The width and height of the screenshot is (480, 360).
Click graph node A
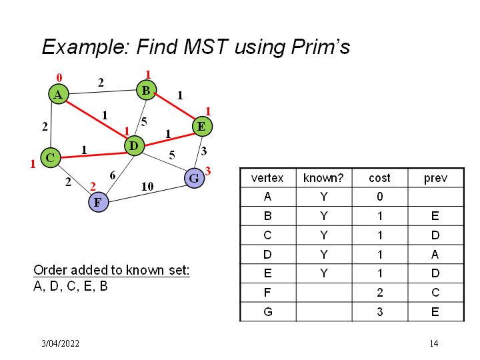click(x=59, y=95)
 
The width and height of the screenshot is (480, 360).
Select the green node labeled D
click(x=134, y=145)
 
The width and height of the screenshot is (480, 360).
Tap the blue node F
click(x=98, y=201)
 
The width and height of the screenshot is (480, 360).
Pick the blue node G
click(x=194, y=178)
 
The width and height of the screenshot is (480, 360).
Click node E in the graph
click(x=201, y=125)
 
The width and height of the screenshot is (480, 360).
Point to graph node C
click(x=50, y=158)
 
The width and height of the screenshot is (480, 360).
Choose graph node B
click(x=146, y=89)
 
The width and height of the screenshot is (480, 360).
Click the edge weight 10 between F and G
click(x=147, y=186)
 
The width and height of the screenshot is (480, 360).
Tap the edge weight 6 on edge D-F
click(x=113, y=175)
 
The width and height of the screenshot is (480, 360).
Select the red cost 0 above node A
click(x=59, y=78)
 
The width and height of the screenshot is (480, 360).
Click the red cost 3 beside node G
click(x=208, y=171)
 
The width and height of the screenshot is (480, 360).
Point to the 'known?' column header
click(x=323, y=178)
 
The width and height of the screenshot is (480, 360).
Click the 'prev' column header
click(x=435, y=178)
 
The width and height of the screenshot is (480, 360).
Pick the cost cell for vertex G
click(x=379, y=311)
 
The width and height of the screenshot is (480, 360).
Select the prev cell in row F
click(x=435, y=292)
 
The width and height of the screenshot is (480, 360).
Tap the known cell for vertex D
click(x=323, y=254)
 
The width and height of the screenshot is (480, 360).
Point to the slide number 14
click(x=434, y=344)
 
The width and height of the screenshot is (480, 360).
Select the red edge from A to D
click(x=97, y=120)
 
